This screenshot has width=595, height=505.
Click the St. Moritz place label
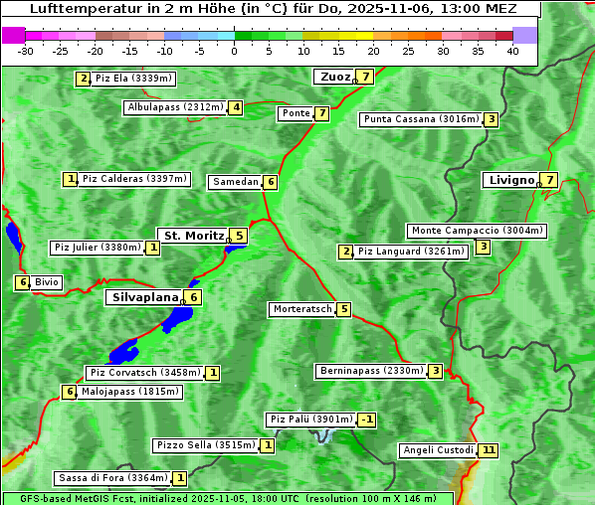point(191,236)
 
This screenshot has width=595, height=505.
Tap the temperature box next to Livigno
point(549,180)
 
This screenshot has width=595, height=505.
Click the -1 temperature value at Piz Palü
point(367,420)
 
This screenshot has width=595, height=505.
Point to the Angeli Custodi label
point(437,450)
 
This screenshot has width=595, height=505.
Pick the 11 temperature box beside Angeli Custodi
point(488,450)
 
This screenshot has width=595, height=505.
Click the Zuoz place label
point(333,77)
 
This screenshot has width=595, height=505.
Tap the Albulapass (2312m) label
point(175,107)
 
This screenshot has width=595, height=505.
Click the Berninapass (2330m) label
point(371,371)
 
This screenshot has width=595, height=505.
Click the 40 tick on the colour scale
point(512,51)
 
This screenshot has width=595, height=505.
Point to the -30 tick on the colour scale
point(26,51)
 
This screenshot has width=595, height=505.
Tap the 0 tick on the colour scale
point(235,51)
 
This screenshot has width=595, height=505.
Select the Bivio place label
point(47,282)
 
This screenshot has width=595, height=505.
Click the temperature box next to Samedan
point(270,182)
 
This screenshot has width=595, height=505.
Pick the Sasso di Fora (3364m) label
point(111,478)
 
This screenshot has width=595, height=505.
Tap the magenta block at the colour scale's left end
point(14,35)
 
